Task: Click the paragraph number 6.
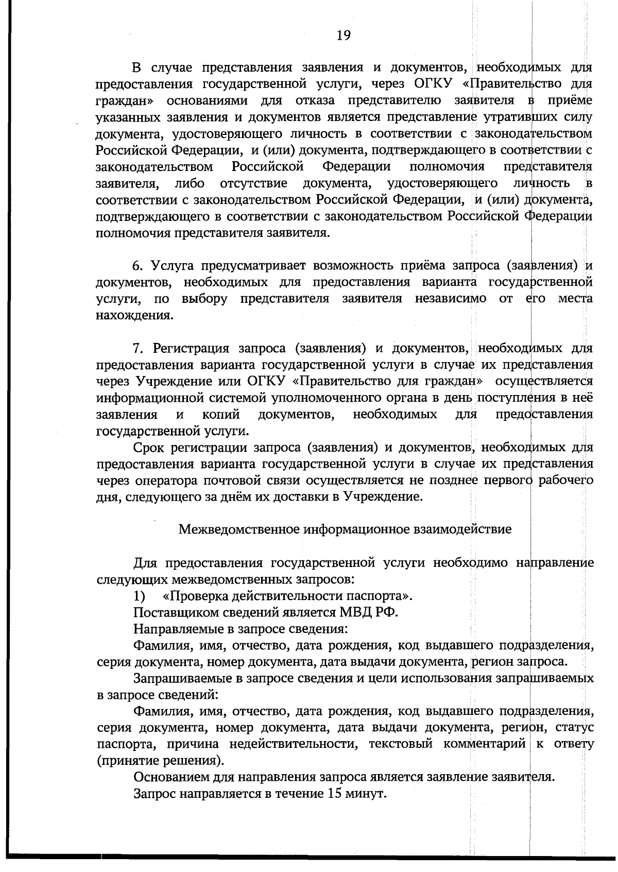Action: coord(136,266)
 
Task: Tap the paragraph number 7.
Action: coord(136,349)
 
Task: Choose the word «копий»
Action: coord(221,415)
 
